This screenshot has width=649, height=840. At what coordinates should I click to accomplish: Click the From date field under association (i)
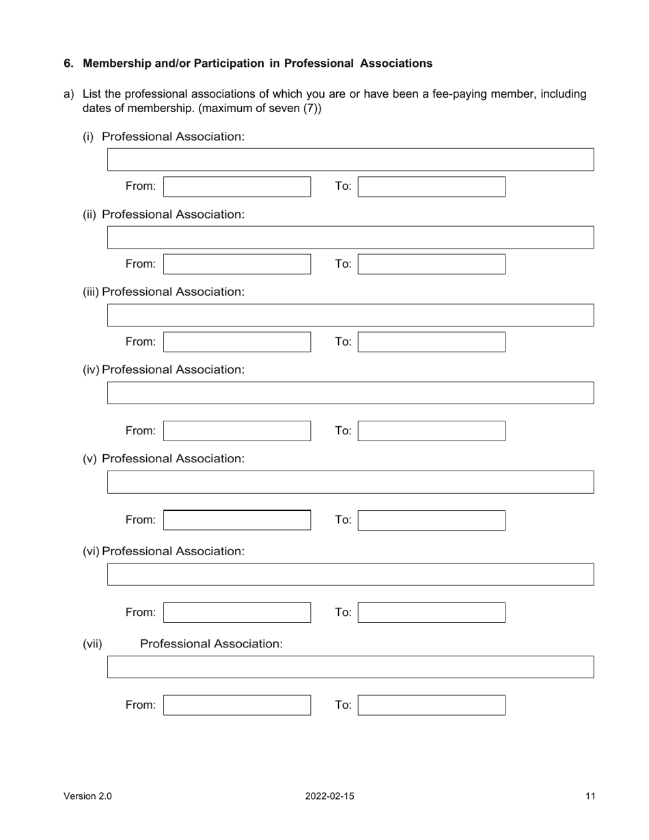click(x=237, y=186)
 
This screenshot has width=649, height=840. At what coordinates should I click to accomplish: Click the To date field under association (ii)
click(x=432, y=264)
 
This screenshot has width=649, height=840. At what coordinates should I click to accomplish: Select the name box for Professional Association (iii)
click(x=350, y=315)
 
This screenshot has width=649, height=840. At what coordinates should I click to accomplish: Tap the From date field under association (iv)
click(x=237, y=431)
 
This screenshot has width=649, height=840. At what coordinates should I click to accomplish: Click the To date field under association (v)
click(x=432, y=520)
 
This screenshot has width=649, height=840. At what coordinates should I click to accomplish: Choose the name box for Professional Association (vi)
click(x=350, y=574)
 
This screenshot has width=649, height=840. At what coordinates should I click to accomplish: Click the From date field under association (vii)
click(x=237, y=705)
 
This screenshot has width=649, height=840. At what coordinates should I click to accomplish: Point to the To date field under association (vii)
click(x=432, y=705)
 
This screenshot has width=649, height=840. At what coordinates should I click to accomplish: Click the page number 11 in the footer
click(x=590, y=796)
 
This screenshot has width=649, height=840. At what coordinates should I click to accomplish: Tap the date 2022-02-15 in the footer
click(x=330, y=796)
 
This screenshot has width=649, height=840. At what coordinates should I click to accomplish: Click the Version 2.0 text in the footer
click(x=87, y=796)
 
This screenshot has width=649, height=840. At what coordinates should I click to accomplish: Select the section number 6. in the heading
click(x=68, y=64)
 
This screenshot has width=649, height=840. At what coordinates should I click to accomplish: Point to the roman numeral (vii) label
click(x=92, y=644)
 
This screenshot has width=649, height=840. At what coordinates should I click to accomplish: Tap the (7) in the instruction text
click(x=311, y=108)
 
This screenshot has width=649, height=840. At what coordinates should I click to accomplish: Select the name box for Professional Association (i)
click(x=350, y=159)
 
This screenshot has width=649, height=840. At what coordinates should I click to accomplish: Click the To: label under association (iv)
click(x=343, y=431)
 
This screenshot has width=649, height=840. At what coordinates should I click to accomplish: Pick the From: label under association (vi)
click(x=141, y=613)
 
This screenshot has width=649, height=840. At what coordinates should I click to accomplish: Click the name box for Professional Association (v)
click(x=350, y=481)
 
